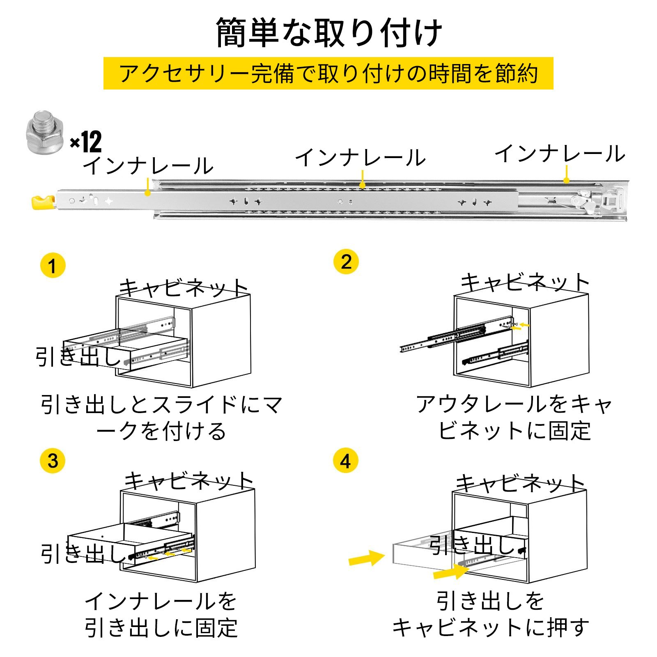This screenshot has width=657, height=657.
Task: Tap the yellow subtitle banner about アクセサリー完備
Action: tap(328, 74)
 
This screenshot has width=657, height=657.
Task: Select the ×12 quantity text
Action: tap(86, 142)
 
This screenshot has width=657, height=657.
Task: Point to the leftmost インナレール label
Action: tap(148, 166)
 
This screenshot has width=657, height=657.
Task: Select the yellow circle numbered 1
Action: tap(53, 266)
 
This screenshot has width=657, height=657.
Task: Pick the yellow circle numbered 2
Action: tap(346, 262)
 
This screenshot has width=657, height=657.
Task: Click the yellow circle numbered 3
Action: tap(53, 461)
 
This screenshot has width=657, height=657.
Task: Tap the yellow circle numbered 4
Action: tap(346, 461)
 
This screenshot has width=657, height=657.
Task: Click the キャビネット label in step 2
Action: tap(525, 283)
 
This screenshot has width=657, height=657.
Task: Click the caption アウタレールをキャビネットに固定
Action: tap(514, 418)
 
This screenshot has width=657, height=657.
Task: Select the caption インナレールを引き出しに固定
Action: tap(161, 614)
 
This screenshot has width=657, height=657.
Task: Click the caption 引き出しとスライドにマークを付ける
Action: tap(161, 418)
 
